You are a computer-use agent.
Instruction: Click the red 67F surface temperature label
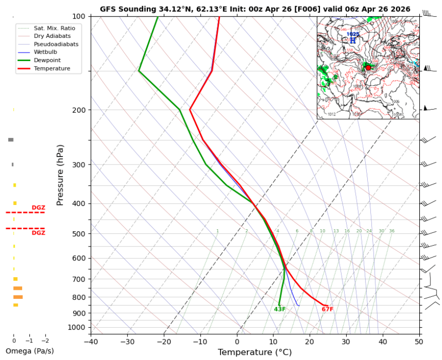pos(327,310)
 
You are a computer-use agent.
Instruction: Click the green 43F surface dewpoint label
pos(280,310)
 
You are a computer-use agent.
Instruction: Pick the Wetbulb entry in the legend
pos(45,52)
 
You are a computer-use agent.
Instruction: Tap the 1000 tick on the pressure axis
pos(79,328)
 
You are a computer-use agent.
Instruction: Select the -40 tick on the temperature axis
pos(91,341)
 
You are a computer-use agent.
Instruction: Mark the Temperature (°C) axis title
pos(255,352)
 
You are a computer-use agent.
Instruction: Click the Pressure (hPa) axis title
pos(61,175)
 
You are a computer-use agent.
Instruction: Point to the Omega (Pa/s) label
pos(30,351)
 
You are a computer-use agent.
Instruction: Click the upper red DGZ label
pos(38,208)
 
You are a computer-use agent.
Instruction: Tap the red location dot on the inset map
pos(368,68)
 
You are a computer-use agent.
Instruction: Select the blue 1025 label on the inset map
pos(353,34)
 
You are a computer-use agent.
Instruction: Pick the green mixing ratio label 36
pos(392,231)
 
